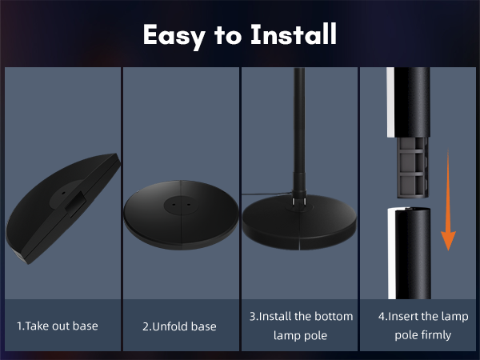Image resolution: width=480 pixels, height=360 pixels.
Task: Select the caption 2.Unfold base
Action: (x=180, y=326)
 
